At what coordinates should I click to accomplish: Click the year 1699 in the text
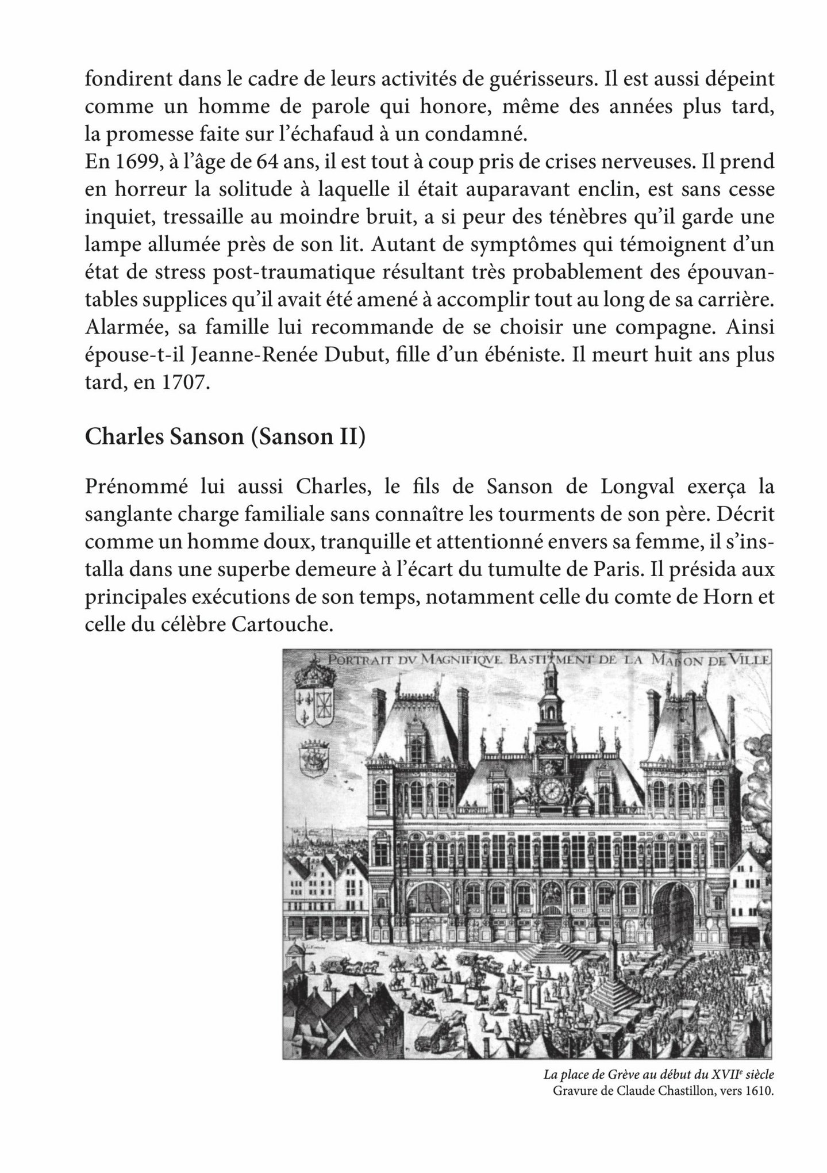click(x=133, y=162)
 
